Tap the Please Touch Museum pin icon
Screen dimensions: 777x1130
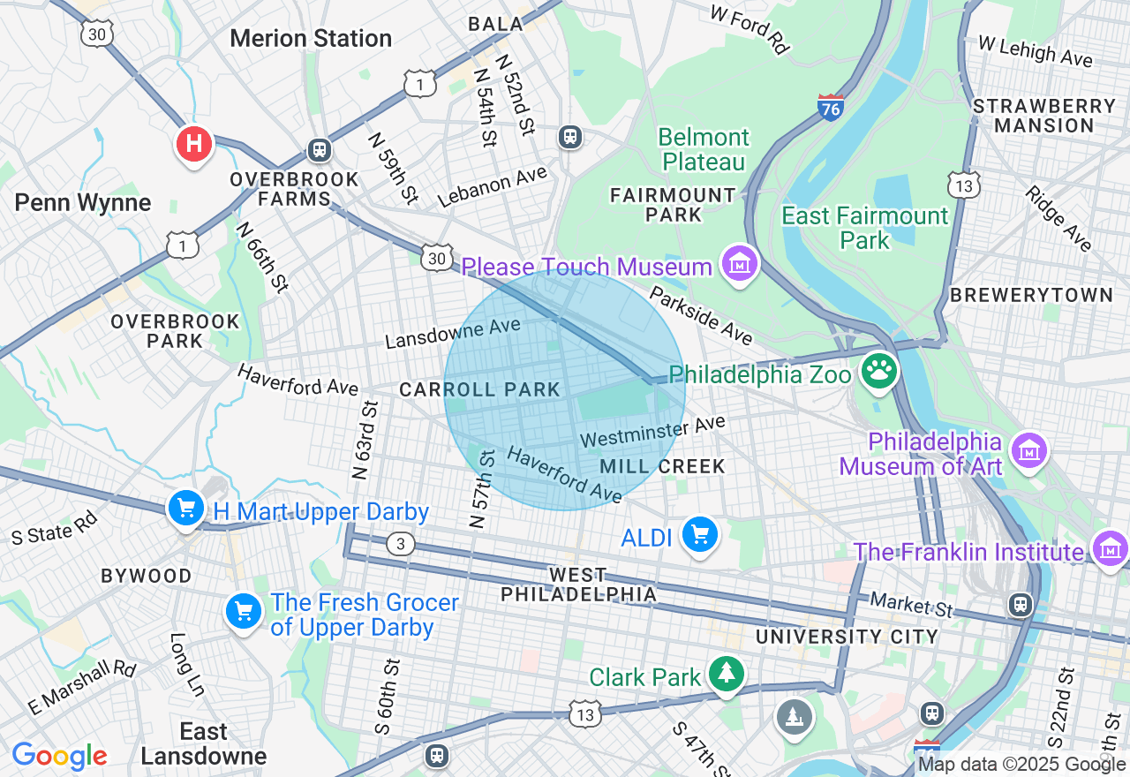coord(740,263)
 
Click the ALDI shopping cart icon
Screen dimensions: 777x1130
coord(700,534)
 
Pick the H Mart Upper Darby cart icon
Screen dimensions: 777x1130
coord(186,509)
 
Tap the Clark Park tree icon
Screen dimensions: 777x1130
coord(727,675)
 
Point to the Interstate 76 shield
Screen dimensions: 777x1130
coord(830,105)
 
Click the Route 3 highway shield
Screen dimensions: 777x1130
coord(401,544)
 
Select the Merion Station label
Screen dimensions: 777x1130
coord(311,39)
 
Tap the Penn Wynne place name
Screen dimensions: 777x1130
coord(83,203)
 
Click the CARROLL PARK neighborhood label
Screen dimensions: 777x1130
coord(480,389)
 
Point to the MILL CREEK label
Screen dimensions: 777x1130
coord(662,466)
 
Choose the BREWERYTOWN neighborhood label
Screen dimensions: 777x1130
coord(1031,295)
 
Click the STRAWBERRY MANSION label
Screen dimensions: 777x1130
coord(1044,116)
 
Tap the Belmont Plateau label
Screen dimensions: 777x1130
coord(704,149)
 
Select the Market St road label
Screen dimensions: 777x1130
coord(912,605)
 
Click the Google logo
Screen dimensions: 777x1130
coord(59,756)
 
